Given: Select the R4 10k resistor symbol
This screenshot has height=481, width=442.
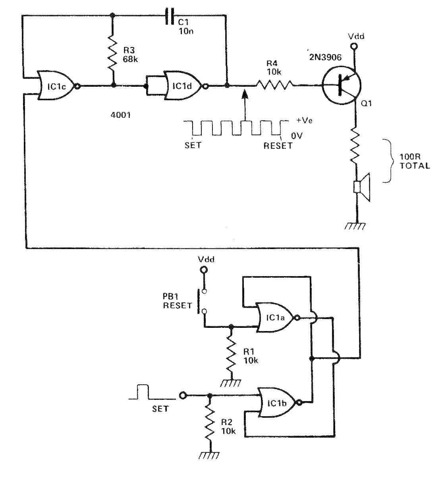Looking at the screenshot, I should [x=274, y=85].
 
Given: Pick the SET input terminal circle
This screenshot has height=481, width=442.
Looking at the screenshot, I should [x=182, y=395].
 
